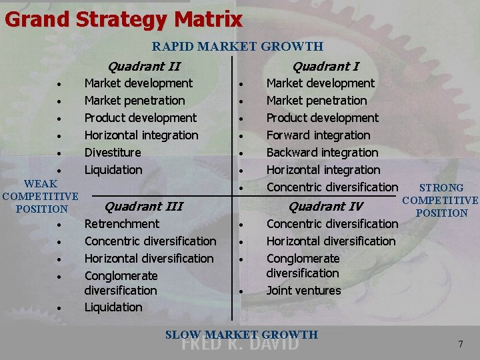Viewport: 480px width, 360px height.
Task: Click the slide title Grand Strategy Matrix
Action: [x=123, y=19]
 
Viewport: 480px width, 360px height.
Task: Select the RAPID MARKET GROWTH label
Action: [x=237, y=47]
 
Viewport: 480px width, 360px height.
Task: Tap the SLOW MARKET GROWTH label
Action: [x=241, y=335]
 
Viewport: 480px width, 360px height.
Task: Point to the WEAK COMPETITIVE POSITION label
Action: [x=40, y=196]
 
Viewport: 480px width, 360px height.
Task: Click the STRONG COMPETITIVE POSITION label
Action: [x=441, y=201]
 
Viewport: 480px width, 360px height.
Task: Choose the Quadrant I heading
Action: [x=325, y=66]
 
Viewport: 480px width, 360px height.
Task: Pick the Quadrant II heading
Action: [x=144, y=66]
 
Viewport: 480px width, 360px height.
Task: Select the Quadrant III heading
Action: [x=144, y=206]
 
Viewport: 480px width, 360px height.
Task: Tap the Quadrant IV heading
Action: [x=325, y=206]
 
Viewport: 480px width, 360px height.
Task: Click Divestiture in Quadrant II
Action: [x=113, y=153]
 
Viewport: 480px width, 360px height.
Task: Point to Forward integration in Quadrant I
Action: [x=318, y=135]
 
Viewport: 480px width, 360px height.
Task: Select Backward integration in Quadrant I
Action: [x=322, y=153]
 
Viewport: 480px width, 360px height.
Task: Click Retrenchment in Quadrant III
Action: [x=122, y=224]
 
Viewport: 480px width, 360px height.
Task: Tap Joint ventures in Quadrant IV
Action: [x=303, y=291]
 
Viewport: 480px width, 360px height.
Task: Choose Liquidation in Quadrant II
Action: [x=113, y=170]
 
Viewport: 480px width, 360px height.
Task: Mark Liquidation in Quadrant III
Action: [x=113, y=307]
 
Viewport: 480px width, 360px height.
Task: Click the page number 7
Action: [x=460, y=344]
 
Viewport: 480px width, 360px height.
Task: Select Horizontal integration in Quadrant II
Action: [x=141, y=135]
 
